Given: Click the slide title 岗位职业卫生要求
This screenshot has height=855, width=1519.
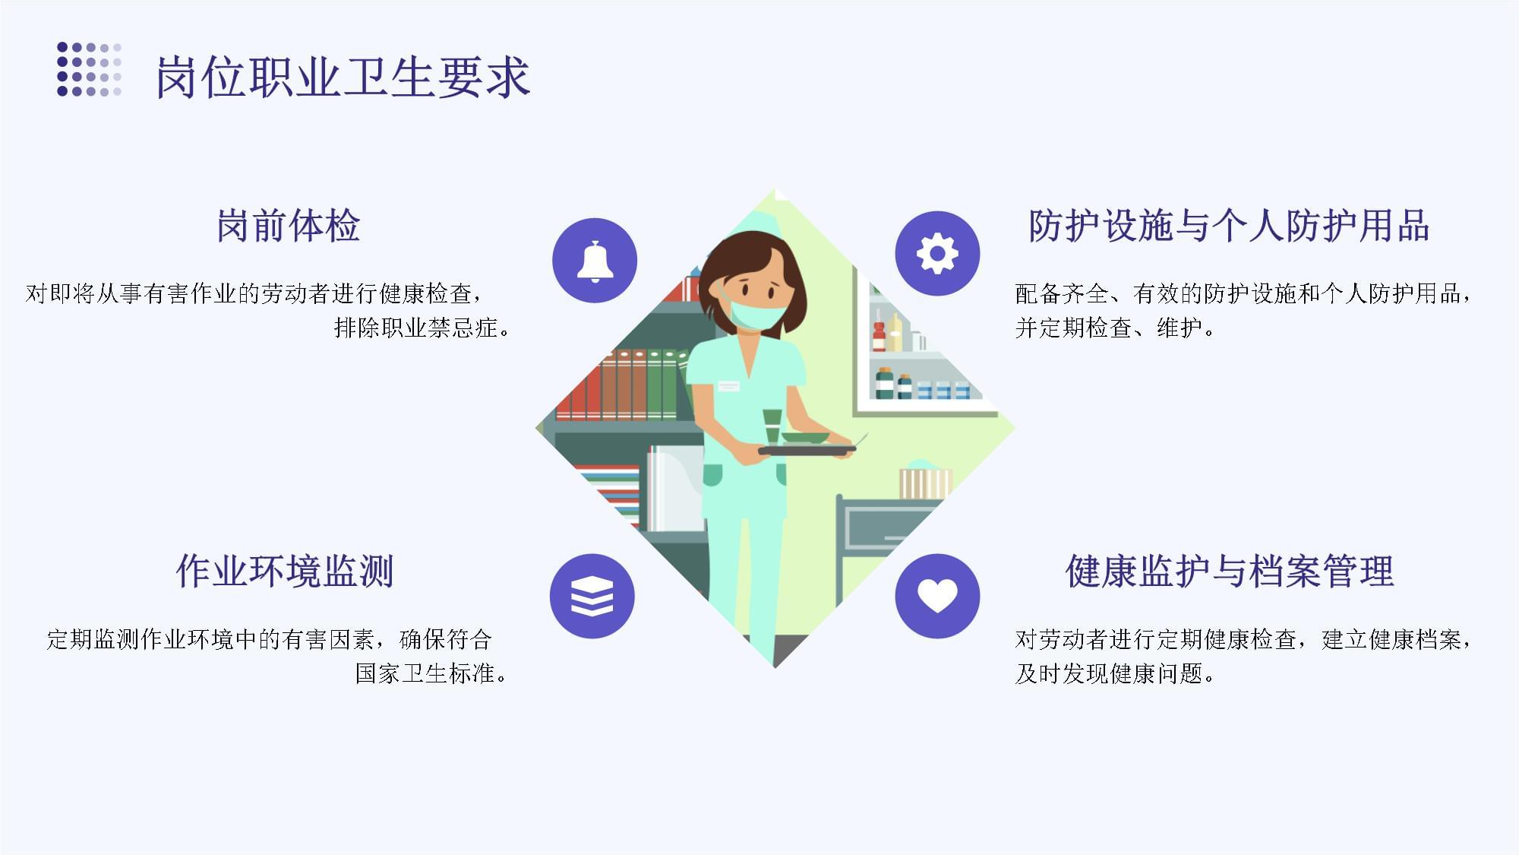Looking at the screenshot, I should click(342, 77).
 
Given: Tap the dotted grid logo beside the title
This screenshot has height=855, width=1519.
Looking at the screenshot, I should click(89, 69).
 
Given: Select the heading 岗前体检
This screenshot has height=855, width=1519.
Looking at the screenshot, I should click(288, 226).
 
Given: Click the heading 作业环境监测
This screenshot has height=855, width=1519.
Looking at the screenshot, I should click(285, 571).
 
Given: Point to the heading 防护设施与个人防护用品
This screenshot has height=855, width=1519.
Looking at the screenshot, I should click(1228, 226).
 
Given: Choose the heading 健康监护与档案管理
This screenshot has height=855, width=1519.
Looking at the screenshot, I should click(1229, 571).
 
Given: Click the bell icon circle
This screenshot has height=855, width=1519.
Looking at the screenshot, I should click(595, 261).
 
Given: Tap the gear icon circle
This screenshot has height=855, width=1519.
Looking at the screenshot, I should click(937, 254).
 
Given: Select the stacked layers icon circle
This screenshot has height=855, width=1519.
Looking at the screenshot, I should click(592, 596).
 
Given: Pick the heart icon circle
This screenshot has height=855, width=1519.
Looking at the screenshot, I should click(937, 596).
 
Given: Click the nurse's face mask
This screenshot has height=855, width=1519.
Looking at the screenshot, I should click(756, 315).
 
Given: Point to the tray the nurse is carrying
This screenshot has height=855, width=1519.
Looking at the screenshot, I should click(807, 450).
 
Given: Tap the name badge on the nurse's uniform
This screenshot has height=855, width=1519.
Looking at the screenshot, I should click(728, 386).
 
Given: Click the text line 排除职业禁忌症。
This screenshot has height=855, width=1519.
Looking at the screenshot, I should click(422, 328).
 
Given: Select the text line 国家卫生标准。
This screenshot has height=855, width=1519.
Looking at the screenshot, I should click(431, 673).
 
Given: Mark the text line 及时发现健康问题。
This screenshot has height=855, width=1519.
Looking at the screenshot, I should click(1115, 673).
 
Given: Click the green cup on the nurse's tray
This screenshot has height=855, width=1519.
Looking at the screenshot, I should click(772, 424).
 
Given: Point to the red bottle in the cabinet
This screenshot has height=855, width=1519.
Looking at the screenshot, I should click(879, 335).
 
